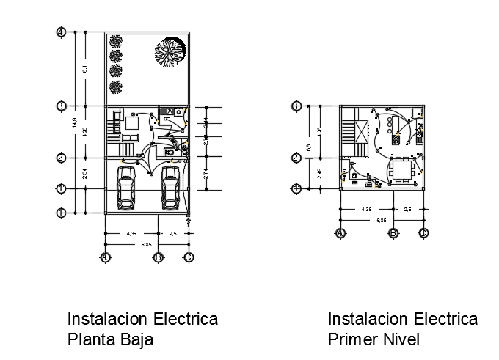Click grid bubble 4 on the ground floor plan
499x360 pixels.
pyautogui.click(x=62, y=32)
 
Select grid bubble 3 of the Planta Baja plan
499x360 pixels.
pyautogui.click(x=62, y=106)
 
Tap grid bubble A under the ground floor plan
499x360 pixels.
pyautogui.click(x=106, y=257)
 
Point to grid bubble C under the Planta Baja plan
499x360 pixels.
pyautogui.click(x=189, y=257)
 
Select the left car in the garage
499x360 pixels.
pyautogui.click(x=126, y=187)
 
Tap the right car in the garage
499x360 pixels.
pyautogui.click(x=170, y=187)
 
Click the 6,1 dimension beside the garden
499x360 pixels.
pyautogui.click(x=85, y=69)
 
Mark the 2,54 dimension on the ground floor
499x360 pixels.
pyautogui.click(x=85, y=174)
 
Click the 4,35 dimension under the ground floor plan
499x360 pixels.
pyautogui.click(x=132, y=234)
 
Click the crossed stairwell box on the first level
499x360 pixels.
pyautogui.click(x=364, y=131)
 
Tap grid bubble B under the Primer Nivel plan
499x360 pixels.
pyautogui.click(x=393, y=233)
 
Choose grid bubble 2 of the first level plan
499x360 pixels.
pyautogui.click(x=296, y=158)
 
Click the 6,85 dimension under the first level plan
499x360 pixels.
pyautogui.click(x=382, y=220)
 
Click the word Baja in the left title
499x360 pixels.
pyautogui.click(x=139, y=339)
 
